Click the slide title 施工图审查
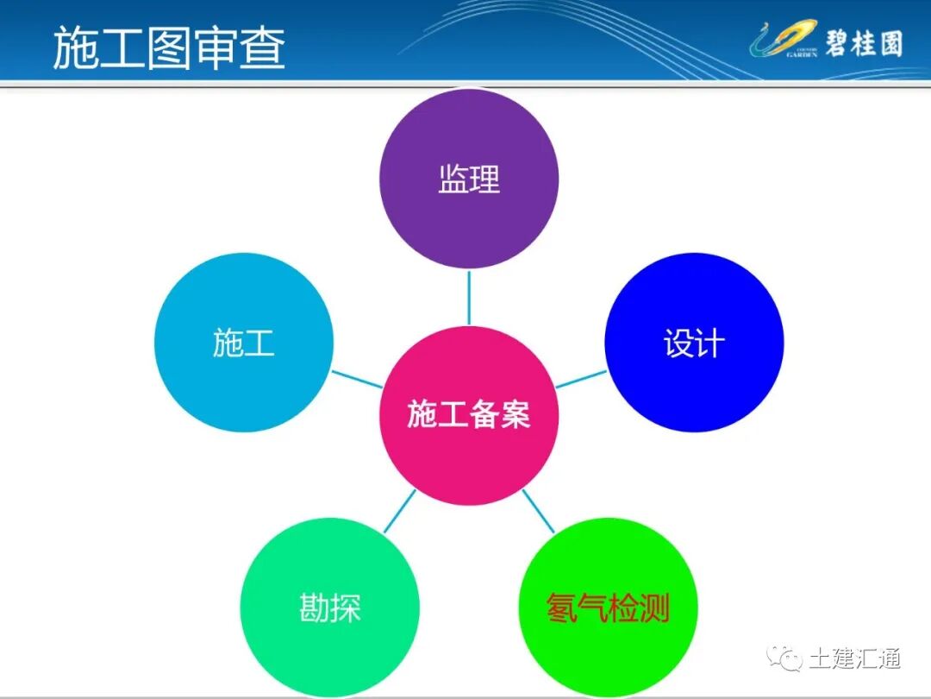click(169, 47)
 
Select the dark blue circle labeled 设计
click(694, 371)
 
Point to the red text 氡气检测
click(609, 609)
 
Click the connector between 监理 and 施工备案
click(469, 298)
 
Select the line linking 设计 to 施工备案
click(581, 379)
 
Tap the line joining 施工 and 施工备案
click(358, 379)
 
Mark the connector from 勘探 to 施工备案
click(399, 512)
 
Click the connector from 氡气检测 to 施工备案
click(539, 512)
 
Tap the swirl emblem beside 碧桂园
click(781, 41)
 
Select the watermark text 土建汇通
click(854, 658)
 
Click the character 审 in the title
click(216, 47)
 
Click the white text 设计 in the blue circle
click(694, 343)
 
